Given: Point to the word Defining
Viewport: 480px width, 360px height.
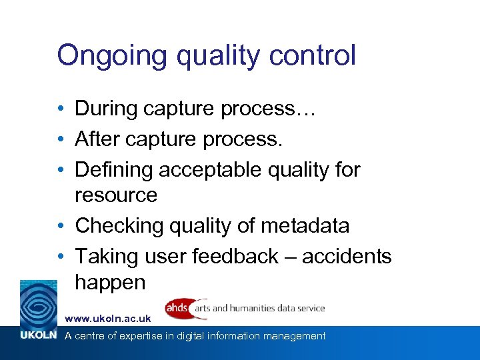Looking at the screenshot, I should [114, 170].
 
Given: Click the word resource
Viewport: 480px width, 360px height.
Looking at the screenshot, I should [116, 195].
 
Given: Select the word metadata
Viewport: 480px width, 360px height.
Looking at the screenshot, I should [305, 226].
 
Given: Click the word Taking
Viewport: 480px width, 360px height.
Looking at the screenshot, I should [104, 257].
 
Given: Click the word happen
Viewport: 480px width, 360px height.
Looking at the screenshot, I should [110, 283].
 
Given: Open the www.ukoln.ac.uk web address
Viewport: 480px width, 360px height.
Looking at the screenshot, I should [107, 320].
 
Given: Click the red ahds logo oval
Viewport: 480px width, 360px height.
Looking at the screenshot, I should [178, 308].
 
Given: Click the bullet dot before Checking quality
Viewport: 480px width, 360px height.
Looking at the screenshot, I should [60, 226].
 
